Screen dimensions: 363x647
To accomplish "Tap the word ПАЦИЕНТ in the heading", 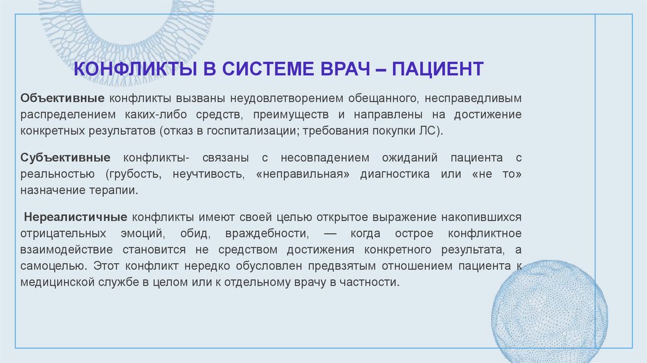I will (437, 68).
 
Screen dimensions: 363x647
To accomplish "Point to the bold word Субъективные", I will (66, 157).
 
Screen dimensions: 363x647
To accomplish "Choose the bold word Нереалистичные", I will (77, 216).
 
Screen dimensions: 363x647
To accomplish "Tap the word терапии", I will (116, 190).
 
